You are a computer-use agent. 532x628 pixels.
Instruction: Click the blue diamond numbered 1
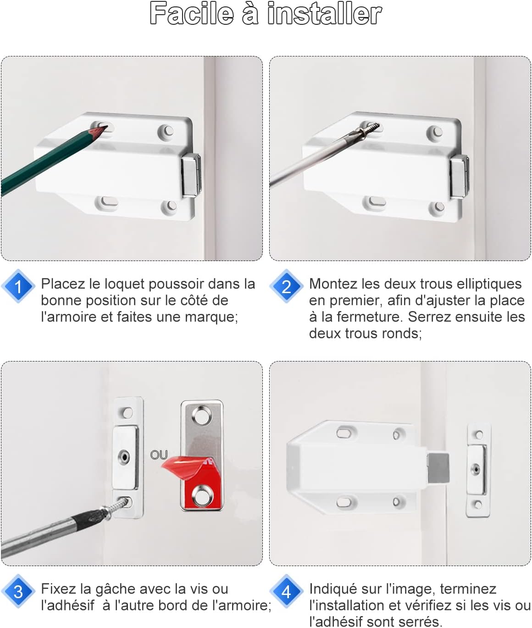tap(18, 286)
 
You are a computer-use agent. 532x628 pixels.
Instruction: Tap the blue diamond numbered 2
tap(286, 286)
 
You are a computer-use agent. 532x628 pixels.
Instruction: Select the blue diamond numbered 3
tap(18, 591)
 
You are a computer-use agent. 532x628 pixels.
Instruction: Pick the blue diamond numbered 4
tap(286, 591)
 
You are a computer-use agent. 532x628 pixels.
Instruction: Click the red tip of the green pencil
tap(100, 131)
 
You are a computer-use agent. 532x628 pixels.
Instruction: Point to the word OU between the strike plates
tap(159, 455)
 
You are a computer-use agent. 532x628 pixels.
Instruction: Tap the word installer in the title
tap(324, 14)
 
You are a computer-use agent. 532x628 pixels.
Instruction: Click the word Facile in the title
tap(192, 14)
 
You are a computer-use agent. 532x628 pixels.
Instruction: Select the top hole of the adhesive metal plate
tap(203, 416)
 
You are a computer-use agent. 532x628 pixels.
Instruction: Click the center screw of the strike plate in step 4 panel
tap(476, 469)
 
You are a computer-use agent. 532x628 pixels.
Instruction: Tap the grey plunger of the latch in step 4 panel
tap(438, 468)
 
